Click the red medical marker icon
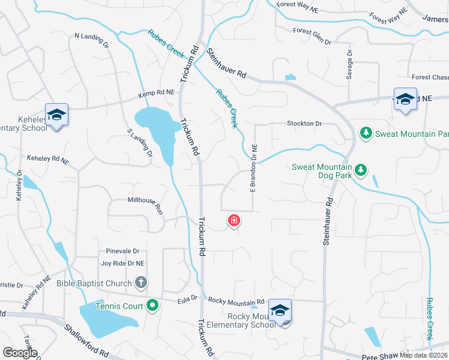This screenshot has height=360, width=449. (234, 221)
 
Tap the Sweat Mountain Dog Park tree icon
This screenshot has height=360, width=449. (360, 170)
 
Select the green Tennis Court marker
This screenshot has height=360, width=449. (152, 306)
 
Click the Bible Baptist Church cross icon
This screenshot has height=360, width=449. (140, 282)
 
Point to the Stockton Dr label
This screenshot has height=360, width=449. (304, 124)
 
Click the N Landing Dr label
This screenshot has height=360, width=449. (91, 40)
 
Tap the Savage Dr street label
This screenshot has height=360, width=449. (350, 62)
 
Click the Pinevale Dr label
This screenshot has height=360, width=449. (122, 251)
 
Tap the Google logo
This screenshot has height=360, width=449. (20, 352)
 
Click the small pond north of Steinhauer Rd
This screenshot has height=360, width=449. (291, 77)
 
